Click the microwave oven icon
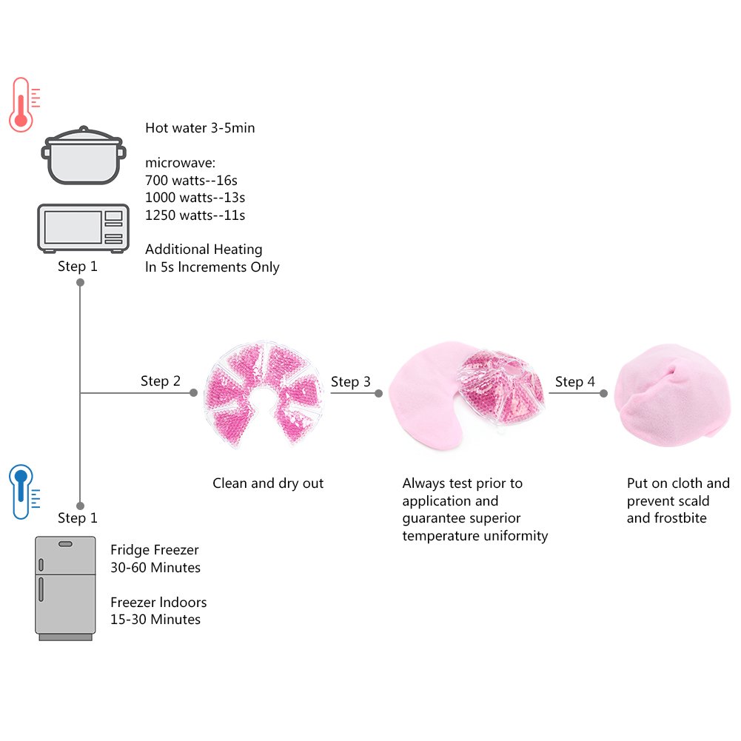[x=83, y=227]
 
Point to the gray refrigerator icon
[x=66, y=588]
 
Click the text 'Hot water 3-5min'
[x=200, y=128]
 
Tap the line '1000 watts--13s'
[x=195, y=198]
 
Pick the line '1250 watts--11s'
[x=195, y=215]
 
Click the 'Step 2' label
[x=161, y=381]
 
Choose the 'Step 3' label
[x=351, y=382]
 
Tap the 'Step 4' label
[x=575, y=382]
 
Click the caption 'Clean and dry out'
[x=268, y=483]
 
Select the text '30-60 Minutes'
[x=155, y=568]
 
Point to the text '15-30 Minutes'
[x=155, y=619]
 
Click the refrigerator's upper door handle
[x=66, y=545]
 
